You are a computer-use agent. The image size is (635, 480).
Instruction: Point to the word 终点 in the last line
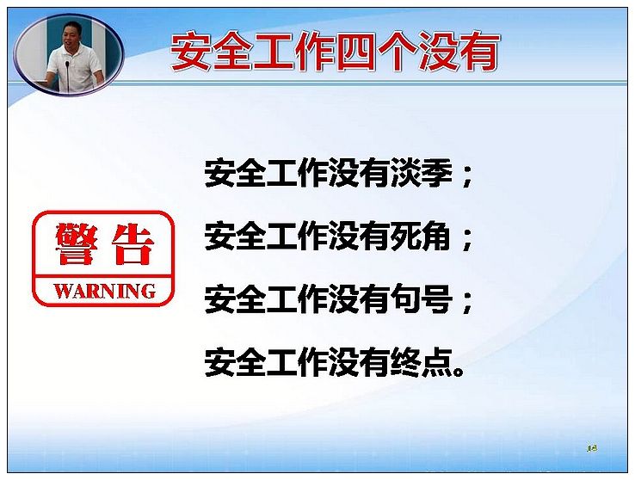point(421,361)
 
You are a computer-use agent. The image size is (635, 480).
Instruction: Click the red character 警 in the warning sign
point(77,244)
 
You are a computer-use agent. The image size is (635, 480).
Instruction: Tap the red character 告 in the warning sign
point(133,244)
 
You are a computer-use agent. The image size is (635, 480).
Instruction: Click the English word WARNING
point(104,292)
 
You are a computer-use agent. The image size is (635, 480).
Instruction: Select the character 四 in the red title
point(355,52)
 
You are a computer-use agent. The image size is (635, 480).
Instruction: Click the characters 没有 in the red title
point(459,52)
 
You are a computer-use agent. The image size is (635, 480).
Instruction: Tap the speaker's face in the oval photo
point(71,34)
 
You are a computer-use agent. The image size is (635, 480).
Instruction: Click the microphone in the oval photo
point(67,76)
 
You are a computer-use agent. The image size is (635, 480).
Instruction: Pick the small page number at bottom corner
point(592,448)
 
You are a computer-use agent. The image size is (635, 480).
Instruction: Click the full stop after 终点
point(459,370)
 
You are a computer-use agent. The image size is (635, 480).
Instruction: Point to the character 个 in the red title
point(397,52)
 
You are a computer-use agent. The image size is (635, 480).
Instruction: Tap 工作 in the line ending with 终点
point(297,361)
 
